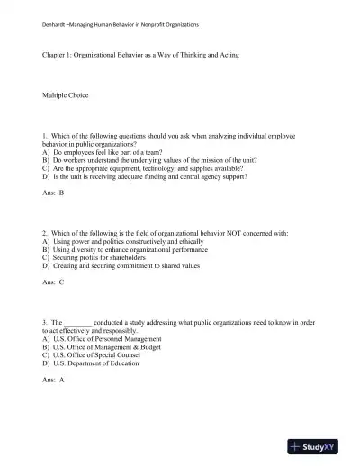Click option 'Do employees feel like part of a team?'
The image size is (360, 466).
pos(108,151)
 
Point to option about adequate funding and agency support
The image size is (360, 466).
pos(144,175)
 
